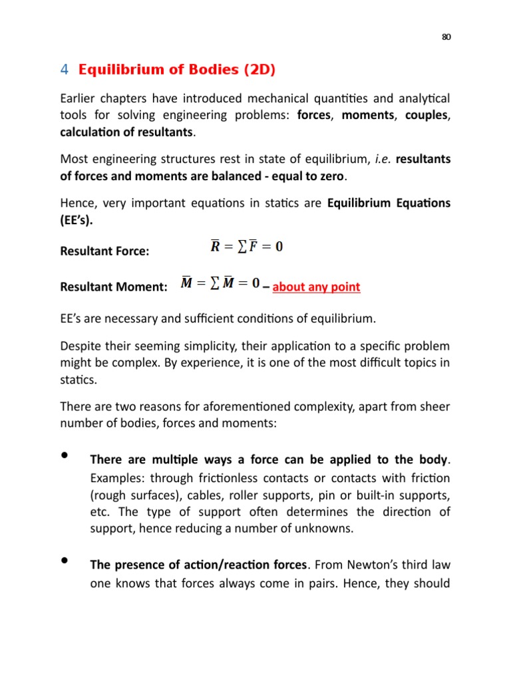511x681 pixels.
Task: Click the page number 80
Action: pyautogui.click(x=446, y=37)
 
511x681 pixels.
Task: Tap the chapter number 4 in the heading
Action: pyautogui.click(x=65, y=69)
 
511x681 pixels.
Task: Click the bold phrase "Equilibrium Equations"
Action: pyautogui.click(x=389, y=203)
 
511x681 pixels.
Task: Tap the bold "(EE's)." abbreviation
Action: pyautogui.click(x=77, y=220)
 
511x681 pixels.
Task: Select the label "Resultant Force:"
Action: pyautogui.click(x=104, y=251)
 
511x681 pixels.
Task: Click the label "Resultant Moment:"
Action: pyautogui.click(x=114, y=287)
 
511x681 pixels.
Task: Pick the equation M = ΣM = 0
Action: pyautogui.click(x=220, y=283)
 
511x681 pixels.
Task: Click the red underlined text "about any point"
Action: pyautogui.click(x=316, y=287)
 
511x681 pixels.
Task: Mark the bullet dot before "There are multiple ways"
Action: pyautogui.click(x=65, y=456)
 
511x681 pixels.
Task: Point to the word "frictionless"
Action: pyautogui.click(x=221, y=479)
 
